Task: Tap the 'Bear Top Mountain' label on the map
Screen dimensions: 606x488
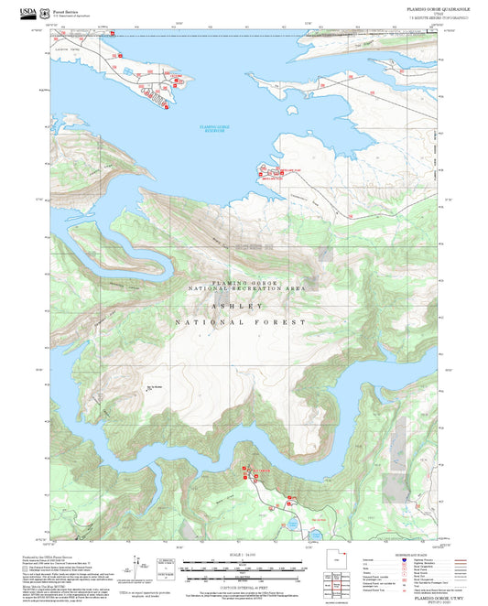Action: coord(154,387)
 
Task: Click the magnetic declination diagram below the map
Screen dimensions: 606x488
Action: coord(138,566)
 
